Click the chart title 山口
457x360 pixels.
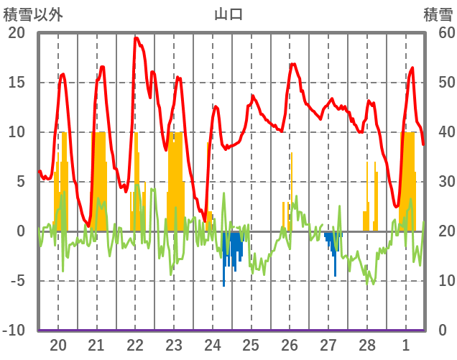(x=228, y=14)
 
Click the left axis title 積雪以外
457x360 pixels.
(x=33, y=14)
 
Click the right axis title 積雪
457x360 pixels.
(x=438, y=14)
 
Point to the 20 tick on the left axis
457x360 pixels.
(x=17, y=33)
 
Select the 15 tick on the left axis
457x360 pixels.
(x=17, y=83)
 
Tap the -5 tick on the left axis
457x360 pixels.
(x=17, y=281)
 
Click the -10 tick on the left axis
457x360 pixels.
(x=14, y=331)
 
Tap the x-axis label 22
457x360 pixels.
(x=135, y=344)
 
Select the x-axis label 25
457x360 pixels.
(x=251, y=344)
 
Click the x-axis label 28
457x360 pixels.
(x=367, y=344)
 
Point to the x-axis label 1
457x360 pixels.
(x=407, y=344)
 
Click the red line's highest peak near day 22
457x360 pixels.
(x=136, y=38)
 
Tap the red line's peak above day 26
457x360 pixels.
(x=292, y=64)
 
